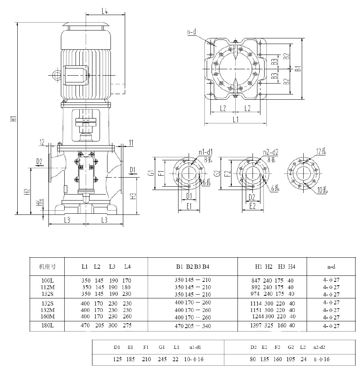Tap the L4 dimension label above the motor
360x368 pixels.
[105, 11]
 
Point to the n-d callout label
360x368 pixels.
[191, 32]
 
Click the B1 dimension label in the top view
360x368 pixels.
[298, 68]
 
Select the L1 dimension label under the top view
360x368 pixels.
[236, 119]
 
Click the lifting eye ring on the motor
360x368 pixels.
[56, 75]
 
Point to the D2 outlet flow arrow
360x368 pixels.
[39, 165]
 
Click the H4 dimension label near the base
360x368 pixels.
[40, 202]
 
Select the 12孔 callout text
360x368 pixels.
[321, 151]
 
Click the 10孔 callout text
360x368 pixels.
[322, 190]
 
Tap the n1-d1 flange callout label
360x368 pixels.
[206, 152]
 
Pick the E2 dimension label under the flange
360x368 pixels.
[253, 206]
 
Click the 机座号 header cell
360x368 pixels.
[47, 267]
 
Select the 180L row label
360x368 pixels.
[48, 325]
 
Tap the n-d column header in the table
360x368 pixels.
[331, 267]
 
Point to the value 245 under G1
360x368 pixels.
[162, 359]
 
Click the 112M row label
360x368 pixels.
[48, 287]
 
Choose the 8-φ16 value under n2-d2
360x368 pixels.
[322, 359]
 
